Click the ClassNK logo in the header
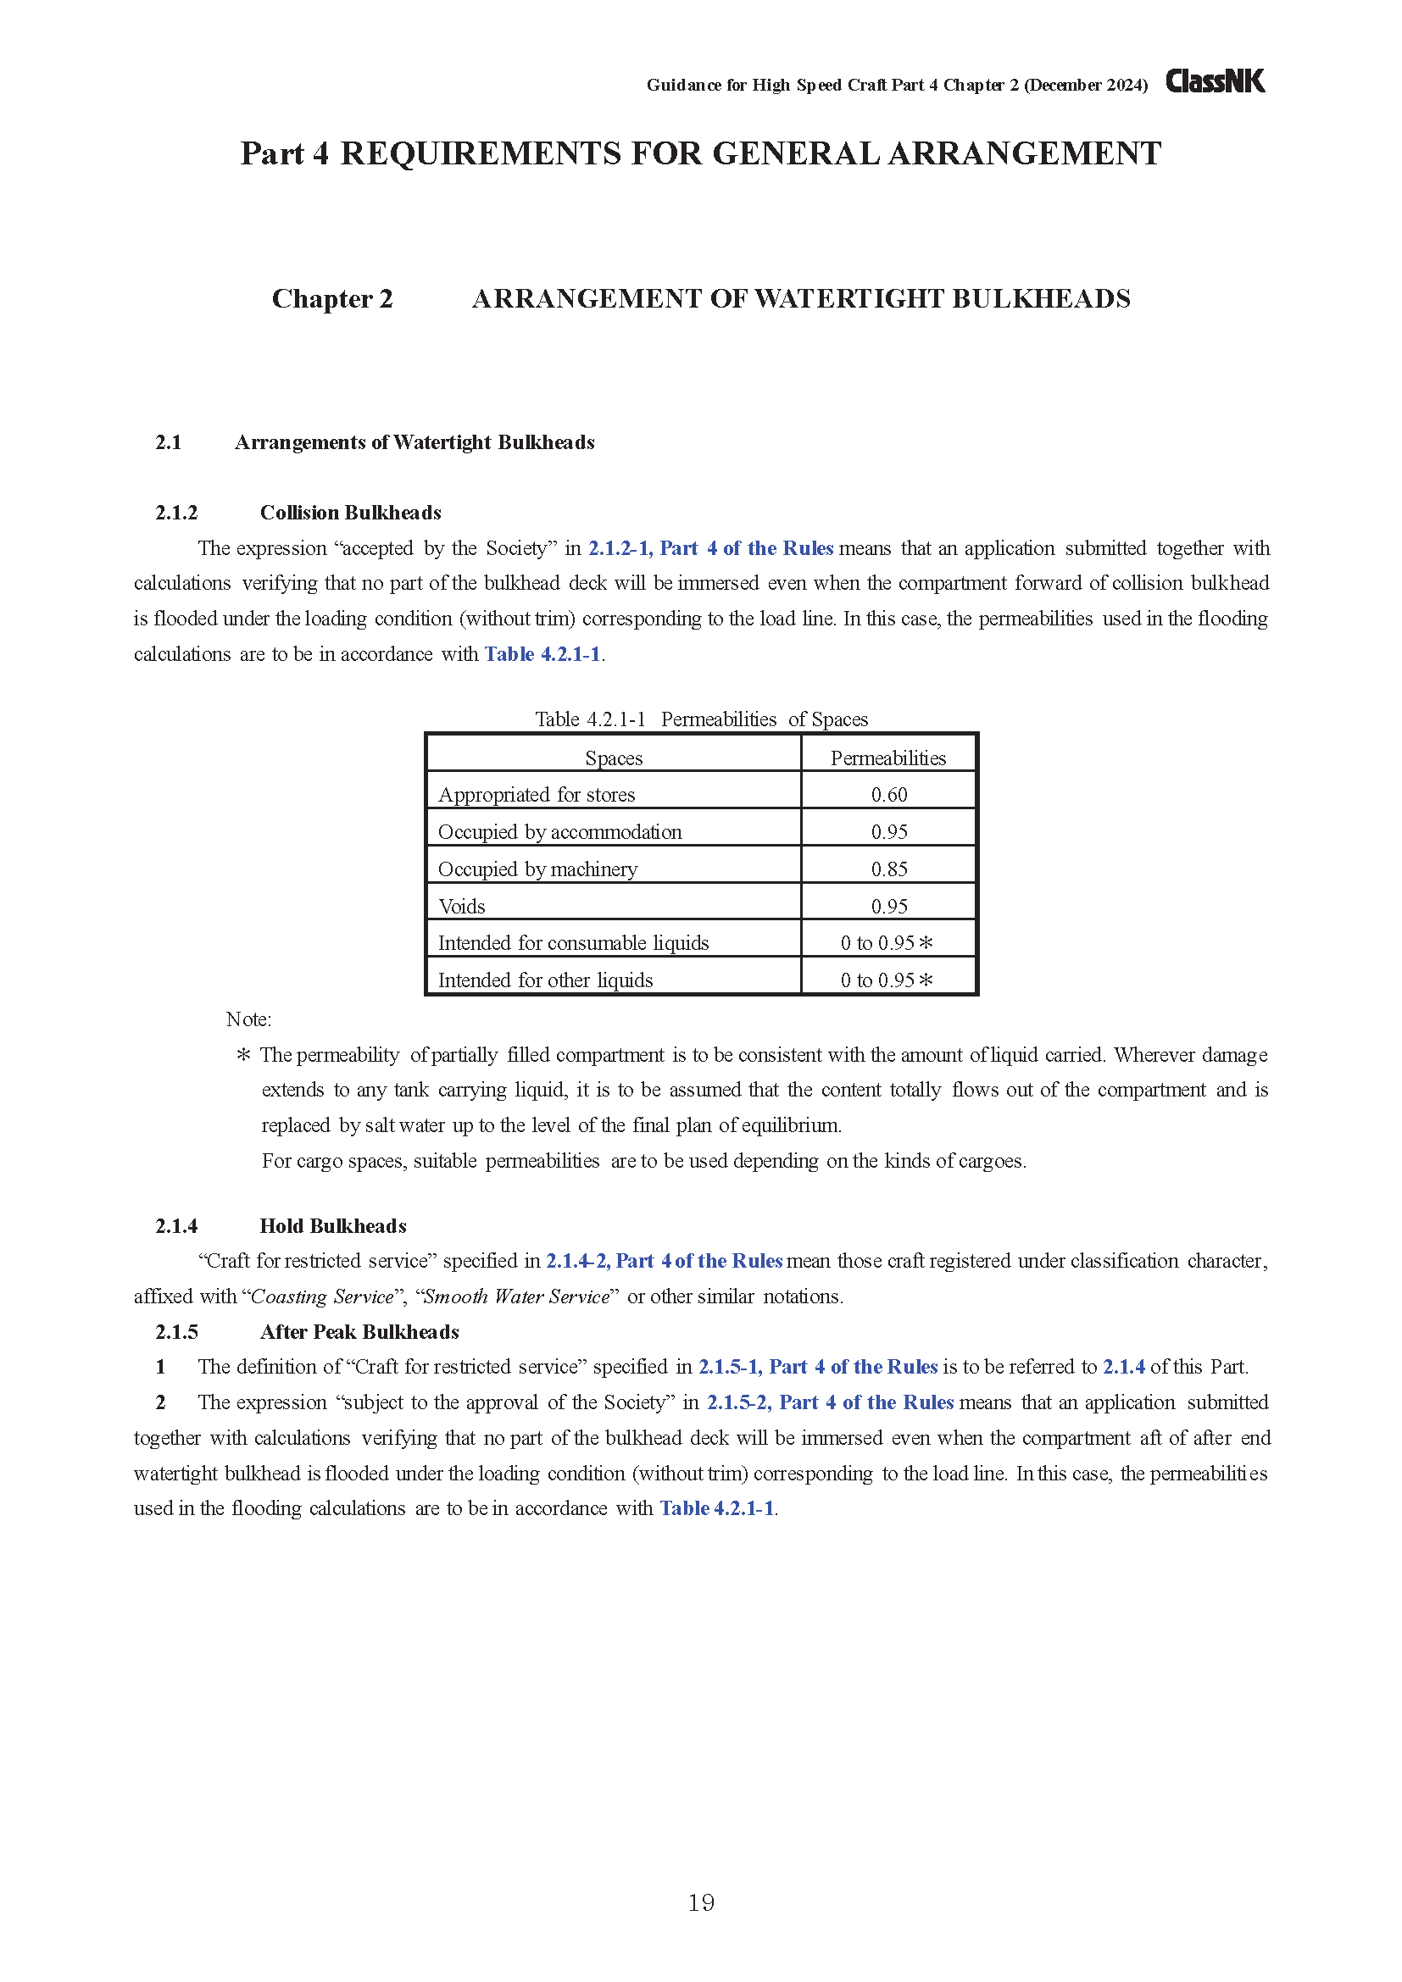click(1215, 81)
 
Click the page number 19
click(701, 1901)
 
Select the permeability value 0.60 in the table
click(888, 794)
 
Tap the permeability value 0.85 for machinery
click(888, 869)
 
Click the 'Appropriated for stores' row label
click(536, 794)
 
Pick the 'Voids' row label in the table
click(462, 907)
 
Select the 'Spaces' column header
click(613, 758)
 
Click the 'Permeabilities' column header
click(887, 758)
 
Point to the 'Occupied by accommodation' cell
click(559, 831)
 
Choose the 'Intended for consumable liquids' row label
click(573, 942)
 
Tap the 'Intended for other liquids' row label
click(545, 980)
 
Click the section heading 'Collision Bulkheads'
click(351, 513)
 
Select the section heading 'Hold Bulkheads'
click(332, 1226)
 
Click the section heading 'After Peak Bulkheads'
click(359, 1332)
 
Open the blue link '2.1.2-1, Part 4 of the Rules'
click(710, 548)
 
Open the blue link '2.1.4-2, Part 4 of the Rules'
click(664, 1261)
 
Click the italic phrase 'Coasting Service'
click(321, 1296)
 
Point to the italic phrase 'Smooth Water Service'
click(516, 1296)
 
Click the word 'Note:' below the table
click(248, 1019)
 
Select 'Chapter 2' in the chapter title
click(331, 298)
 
